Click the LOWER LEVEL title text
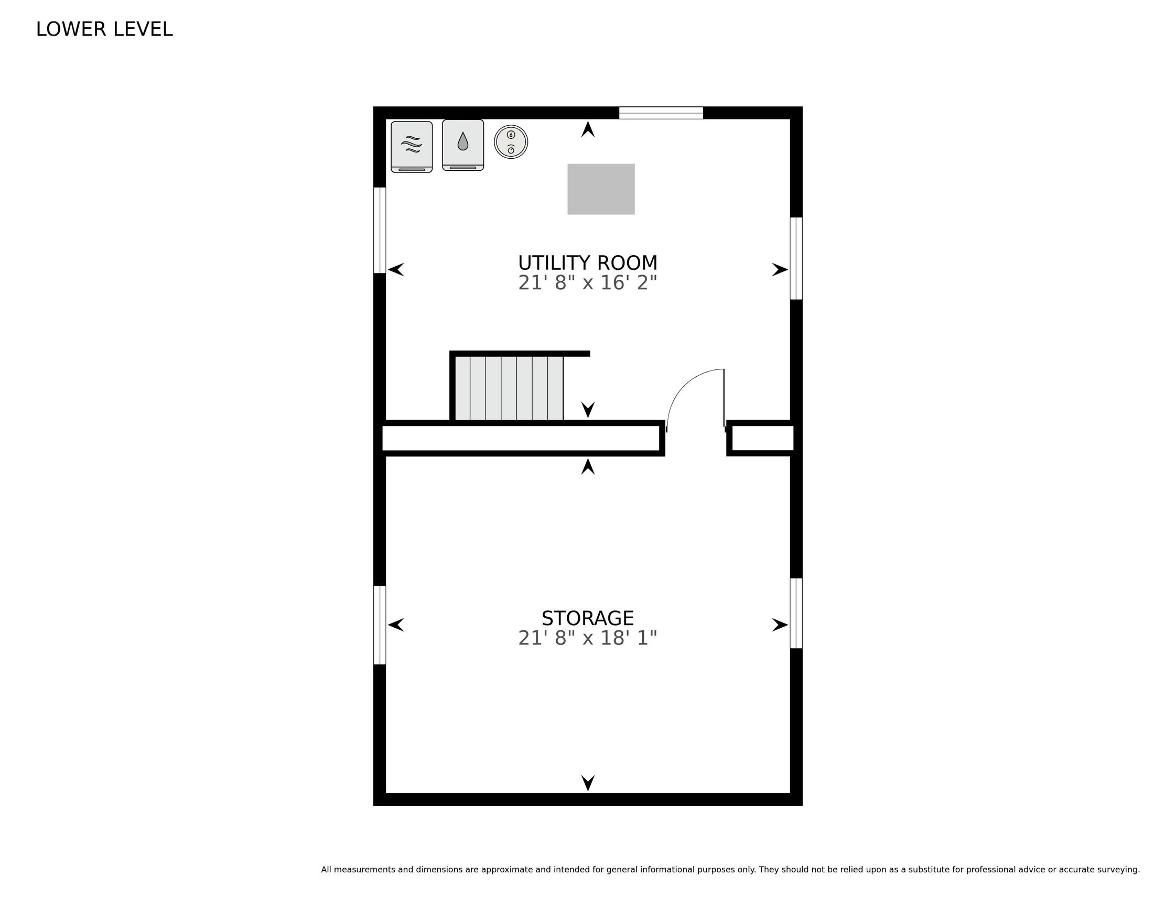click(x=104, y=29)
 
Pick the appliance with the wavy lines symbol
click(x=412, y=147)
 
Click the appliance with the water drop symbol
click(x=463, y=145)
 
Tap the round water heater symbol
click(x=511, y=142)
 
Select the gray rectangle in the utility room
click(x=601, y=189)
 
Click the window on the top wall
click(x=661, y=113)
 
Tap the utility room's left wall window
click(x=380, y=230)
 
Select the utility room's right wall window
click(x=796, y=258)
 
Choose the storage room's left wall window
click(x=380, y=625)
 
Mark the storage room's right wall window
click(x=796, y=613)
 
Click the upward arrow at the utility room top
click(x=588, y=129)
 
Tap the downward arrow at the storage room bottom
click(x=588, y=783)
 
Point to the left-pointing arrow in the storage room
click(x=396, y=625)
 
